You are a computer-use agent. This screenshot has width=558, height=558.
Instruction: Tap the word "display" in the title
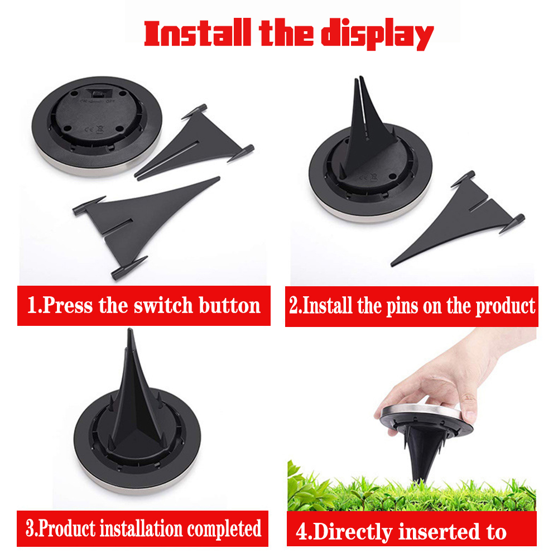[x=377, y=34]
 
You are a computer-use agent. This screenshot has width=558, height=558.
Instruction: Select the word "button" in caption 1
[x=229, y=305]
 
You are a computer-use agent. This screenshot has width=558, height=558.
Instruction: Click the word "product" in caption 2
[x=506, y=306]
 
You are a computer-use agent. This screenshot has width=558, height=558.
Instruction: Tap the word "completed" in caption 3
[x=224, y=529]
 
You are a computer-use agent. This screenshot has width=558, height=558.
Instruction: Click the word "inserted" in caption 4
[x=439, y=532]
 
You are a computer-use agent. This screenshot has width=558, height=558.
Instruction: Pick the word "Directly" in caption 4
[x=353, y=533]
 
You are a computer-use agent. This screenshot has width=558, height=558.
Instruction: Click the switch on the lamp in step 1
[x=99, y=94]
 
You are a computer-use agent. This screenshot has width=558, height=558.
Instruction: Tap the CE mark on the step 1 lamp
[x=89, y=129]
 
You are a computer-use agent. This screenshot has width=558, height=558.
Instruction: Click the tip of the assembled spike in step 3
[x=130, y=330]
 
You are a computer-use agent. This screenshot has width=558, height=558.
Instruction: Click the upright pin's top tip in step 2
[x=361, y=77]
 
